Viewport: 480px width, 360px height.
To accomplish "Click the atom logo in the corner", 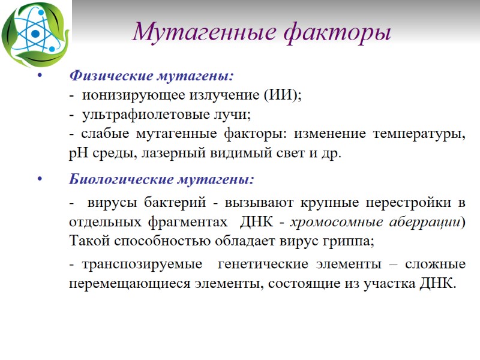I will pos(34,34).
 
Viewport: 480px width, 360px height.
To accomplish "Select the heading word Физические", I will pos(112,76).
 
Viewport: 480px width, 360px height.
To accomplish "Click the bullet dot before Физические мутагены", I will pos(39,76).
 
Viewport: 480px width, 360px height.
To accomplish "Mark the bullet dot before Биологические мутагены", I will pos(39,179).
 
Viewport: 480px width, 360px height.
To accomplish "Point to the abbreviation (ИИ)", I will pos(283,95).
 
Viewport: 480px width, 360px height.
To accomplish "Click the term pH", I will pos(78,152).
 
